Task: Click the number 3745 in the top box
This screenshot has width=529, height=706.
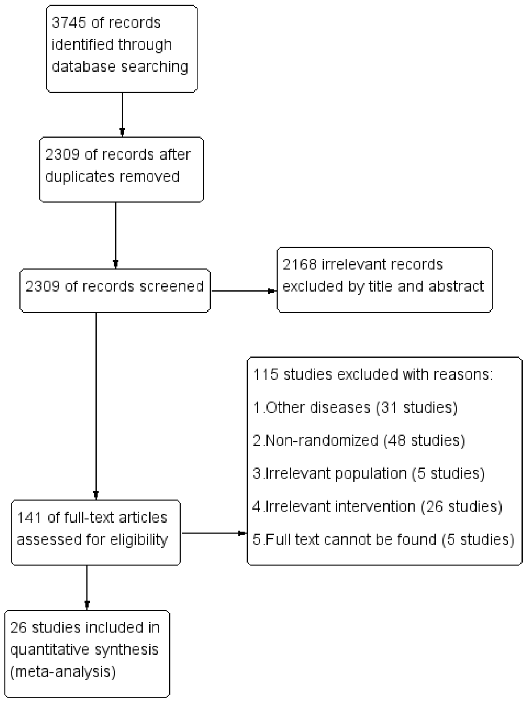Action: tap(69, 23)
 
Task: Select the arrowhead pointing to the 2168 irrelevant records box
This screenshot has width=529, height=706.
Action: tap(271, 291)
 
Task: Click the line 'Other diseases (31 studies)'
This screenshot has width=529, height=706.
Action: tap(355, 408)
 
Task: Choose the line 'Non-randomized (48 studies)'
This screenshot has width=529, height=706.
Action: tap(359, 440)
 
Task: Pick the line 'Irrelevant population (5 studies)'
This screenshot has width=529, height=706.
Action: tap(369, 473)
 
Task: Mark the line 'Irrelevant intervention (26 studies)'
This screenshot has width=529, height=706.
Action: tap(377, 506)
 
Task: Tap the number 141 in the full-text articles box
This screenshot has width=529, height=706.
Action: tap(29, 518)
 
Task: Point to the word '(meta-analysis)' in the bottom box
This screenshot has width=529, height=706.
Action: tap(63, 672)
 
